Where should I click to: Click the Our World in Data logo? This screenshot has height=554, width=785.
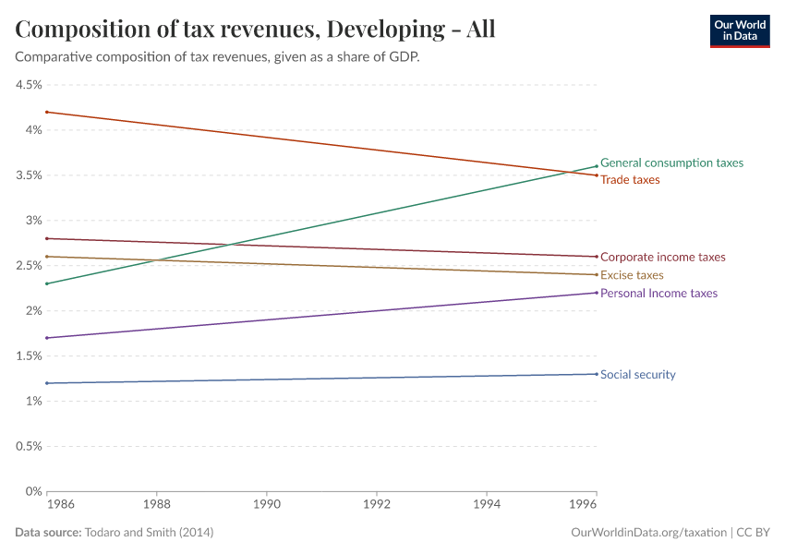(x=739, y=30)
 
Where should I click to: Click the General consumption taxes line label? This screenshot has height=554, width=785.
(x=671, y=163)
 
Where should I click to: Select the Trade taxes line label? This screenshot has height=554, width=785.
(x=630, y=180)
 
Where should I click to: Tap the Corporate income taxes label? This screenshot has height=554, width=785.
(x=662, y=258)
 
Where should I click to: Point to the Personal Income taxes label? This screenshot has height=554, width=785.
(x=658, y=293)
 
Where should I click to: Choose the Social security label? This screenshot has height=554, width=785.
(x=637, y=375)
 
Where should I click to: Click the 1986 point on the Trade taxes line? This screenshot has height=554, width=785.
(x=46, y=112)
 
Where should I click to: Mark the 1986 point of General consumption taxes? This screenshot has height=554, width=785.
(x=46, y=283)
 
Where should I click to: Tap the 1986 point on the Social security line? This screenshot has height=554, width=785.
(x=46, y=383)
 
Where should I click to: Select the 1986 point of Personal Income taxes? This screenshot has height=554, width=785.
(x=46, y=338)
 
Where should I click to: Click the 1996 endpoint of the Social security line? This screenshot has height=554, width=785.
(x=596, y=374)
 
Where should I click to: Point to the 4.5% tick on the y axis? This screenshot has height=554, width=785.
(x=29, y=85)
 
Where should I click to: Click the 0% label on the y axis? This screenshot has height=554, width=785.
(x=33, y=491)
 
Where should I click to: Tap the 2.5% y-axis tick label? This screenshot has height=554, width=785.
(x=29, y=266)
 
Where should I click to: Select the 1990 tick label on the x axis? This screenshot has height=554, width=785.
(x=267, y=506)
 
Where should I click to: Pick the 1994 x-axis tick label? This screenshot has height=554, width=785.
(x=487, y=506)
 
